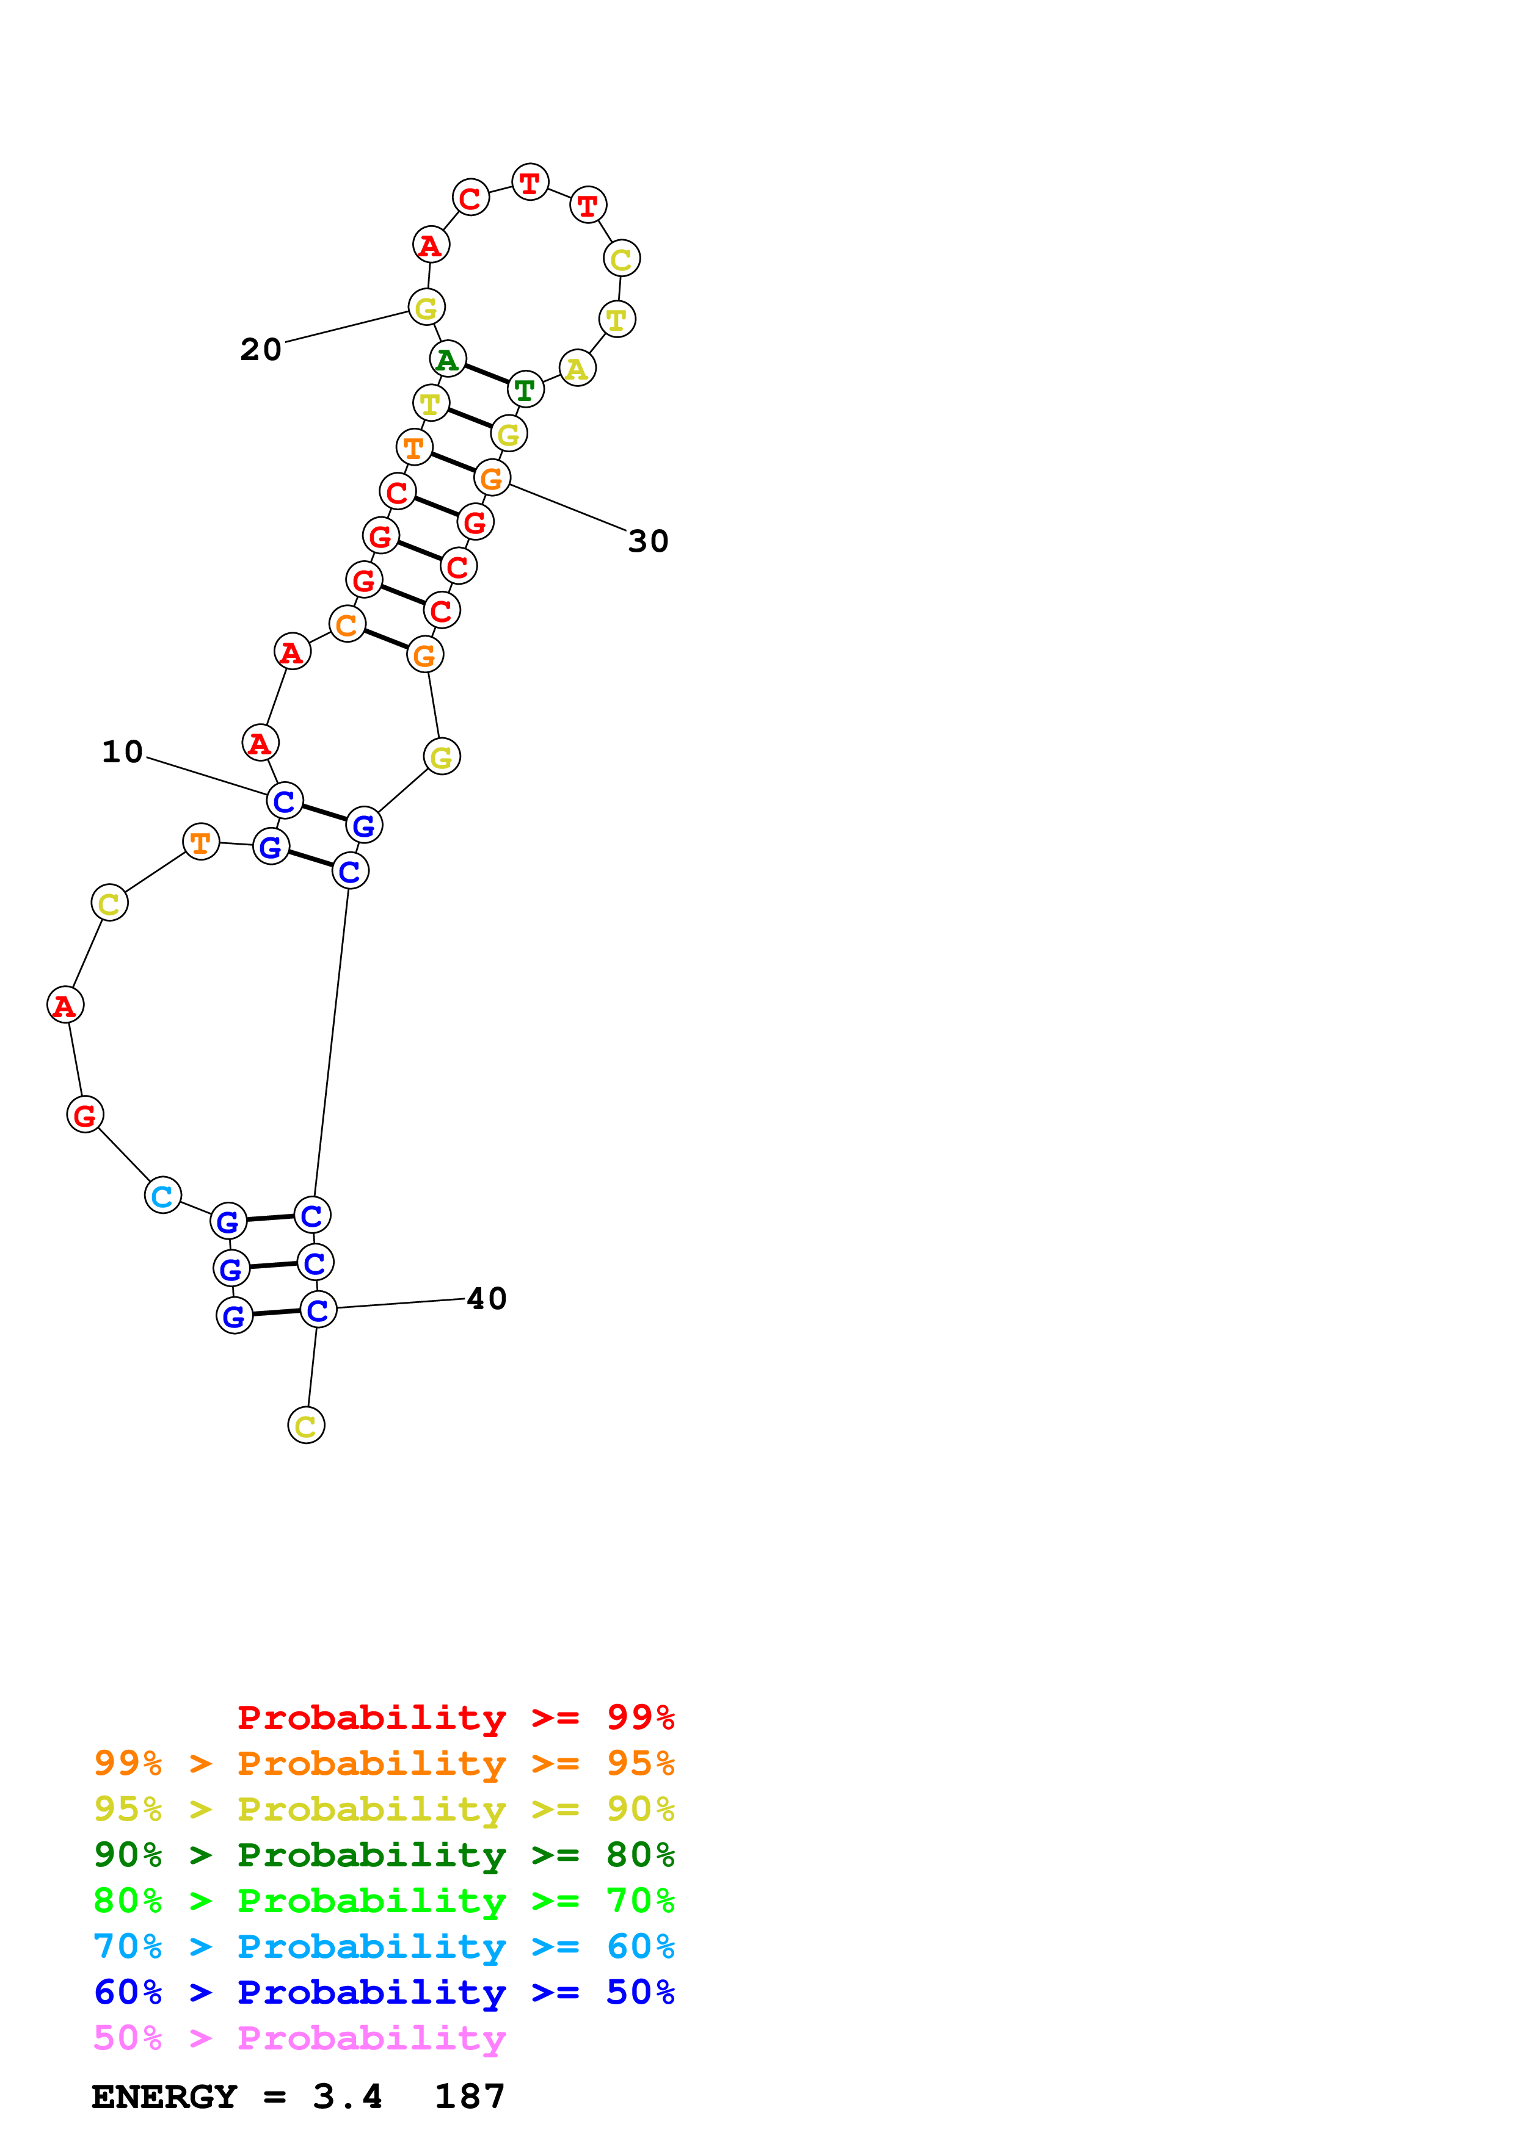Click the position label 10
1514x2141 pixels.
(x=122, y=751)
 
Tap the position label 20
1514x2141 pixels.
(x=260, y=350)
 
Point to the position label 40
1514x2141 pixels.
(x=486, y=1299)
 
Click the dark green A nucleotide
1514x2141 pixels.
(x=448, y=359)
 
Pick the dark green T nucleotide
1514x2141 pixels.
(x=525, y=390)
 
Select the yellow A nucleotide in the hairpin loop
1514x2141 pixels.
(x=577, y=369)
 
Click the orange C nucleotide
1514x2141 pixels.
(x=347, y=625)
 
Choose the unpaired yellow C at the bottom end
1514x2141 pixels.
(x=306, y=1426)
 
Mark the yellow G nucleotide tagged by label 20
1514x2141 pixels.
(x=426, y=307)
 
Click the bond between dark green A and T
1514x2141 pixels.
(x=486, y=374)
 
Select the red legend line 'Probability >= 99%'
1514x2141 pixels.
(x=455, y=1717)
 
